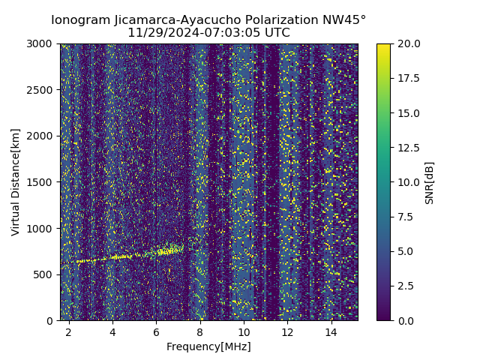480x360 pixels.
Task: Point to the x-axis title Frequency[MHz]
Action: [208, 346]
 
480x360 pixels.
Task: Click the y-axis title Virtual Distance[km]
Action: [16, 181]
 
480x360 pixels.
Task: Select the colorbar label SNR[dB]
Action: [430, 182]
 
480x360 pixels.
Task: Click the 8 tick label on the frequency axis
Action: [199, 331]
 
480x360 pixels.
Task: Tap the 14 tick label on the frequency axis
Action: [331, 331]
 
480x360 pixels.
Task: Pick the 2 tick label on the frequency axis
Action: [68, 331]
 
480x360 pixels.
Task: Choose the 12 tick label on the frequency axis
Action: [287, 331]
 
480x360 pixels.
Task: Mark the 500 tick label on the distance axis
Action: [45, 274]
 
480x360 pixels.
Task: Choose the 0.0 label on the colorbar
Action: [405, 320]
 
